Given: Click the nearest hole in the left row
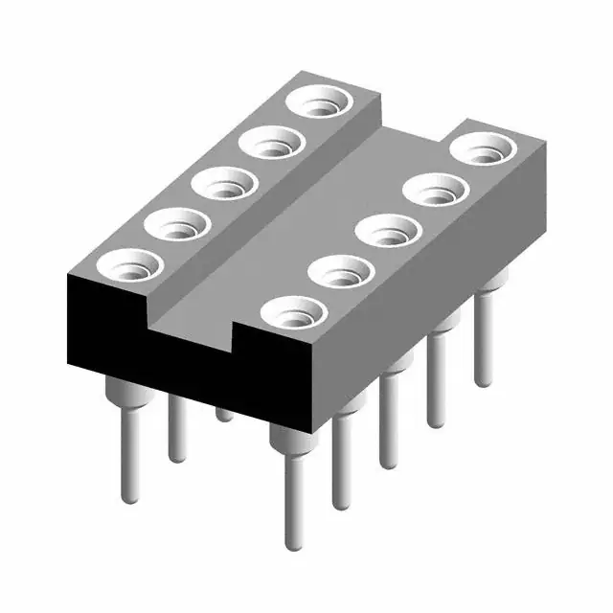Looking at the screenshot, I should (x=130, y=264).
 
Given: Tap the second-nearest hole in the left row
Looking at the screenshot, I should (x=177, y=226).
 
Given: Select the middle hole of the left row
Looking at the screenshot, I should (x=224, y=183).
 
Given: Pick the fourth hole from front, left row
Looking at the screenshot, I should (x=271, y=144).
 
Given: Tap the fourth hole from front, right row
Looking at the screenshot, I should (x=436, y=189).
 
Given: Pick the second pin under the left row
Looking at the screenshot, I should (x=175, y=429).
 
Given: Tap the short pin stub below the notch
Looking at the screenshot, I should (x=223, y=414).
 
